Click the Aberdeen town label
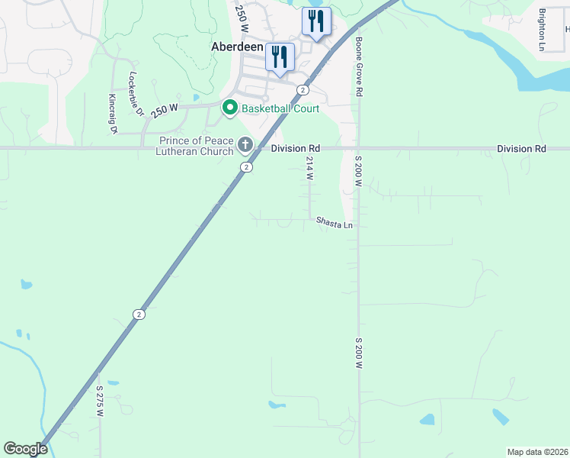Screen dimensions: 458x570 click(237, 47)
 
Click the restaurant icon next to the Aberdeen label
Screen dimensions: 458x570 click(280, 56)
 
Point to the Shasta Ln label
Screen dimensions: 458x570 click(335, 224)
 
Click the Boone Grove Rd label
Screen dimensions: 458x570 click(357, 67)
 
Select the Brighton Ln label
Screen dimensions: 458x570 click(542, 30)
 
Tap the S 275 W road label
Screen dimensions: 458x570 click(100, 400)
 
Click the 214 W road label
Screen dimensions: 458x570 click(310, 168)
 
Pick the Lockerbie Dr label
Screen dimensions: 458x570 click(136, 94)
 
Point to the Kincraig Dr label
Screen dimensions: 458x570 click(112, 114)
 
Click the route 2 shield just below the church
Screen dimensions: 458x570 click(246, 166)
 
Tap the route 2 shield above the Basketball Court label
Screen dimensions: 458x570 click(303, 90)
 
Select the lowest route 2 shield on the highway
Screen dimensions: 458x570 click(139, 314)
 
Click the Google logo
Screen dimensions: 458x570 click(25, 449)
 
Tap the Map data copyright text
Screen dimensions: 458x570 click(537, 452)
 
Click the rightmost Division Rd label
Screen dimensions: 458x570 click(521, 149)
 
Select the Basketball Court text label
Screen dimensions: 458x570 click(280, 108)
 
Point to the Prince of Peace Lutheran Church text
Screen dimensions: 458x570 click(196, 146)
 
